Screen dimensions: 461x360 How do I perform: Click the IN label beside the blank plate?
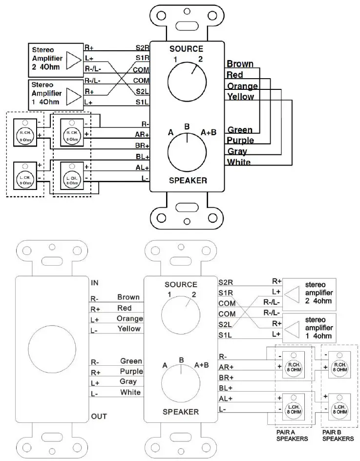tap(95, 283)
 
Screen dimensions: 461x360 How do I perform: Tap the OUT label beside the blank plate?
tap(98, 417)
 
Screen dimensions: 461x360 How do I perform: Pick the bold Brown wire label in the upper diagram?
tap(240, 64)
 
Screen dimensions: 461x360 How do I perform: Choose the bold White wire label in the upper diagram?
tap(239, 162)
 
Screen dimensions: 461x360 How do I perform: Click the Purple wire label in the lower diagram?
tap(129, 372)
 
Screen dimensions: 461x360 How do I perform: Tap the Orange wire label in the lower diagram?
tap(129, 318)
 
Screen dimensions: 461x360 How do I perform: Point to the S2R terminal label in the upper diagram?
tap(142, 48)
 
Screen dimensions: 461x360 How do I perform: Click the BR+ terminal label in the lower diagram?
tap(226, 378)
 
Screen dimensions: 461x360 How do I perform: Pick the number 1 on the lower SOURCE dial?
tap(169, 294)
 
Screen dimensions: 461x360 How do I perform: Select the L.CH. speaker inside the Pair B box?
tap(338, 407)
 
